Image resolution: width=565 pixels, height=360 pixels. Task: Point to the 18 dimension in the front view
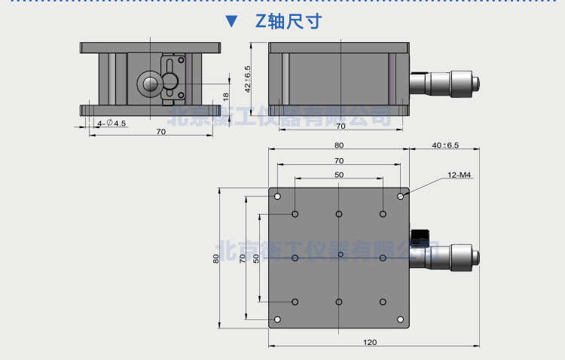coord(225,96)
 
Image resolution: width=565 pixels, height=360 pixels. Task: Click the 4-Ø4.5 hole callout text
coord(111,123)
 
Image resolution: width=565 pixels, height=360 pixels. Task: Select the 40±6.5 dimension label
coord(445,145)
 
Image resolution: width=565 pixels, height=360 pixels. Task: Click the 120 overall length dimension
coord(370,343)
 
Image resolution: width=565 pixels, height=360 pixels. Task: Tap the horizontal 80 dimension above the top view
coord(339,145)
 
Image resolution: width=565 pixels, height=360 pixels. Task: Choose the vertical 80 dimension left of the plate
coord(216,258)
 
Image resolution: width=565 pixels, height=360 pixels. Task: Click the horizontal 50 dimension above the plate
coord(339,175)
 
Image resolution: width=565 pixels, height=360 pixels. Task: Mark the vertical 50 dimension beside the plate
coord(256,258)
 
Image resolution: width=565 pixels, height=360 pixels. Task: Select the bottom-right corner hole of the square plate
coord(401,319)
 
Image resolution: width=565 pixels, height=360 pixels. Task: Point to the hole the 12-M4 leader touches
coord(401,197)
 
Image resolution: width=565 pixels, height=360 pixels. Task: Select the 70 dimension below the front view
coord(160,132)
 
